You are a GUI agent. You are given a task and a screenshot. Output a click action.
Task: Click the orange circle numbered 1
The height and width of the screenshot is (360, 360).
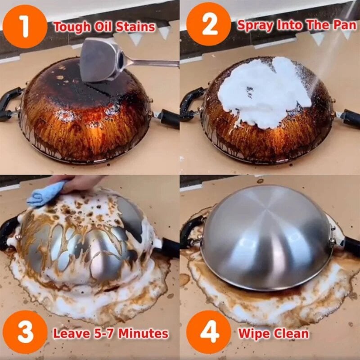pos(24,26)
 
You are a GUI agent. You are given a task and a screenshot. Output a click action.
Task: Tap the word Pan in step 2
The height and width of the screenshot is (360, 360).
pos(345,25)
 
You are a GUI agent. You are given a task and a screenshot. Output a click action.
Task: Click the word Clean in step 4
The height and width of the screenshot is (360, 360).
pos(292,334)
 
